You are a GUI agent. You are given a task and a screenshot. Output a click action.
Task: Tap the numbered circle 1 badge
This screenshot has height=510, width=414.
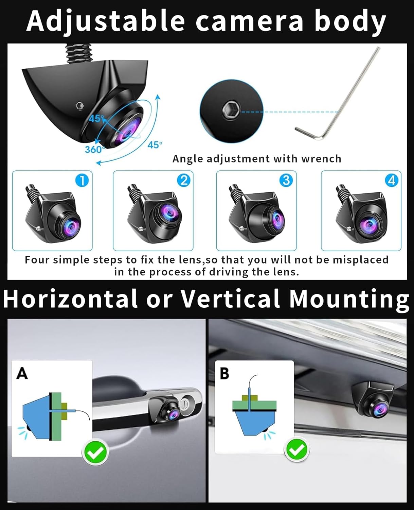(82, 180)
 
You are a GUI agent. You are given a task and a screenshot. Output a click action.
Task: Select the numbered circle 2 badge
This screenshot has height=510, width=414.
(184, 180)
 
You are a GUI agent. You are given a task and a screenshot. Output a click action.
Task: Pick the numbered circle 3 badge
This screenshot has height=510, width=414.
(286, 180)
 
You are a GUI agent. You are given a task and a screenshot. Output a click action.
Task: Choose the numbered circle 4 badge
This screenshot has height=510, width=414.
(392, 180)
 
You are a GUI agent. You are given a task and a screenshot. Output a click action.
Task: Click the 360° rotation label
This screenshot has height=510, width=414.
(93, 149)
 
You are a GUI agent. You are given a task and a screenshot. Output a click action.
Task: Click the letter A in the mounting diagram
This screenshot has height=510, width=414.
(22, 373)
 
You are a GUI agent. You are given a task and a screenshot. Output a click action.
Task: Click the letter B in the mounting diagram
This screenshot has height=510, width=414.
(224, 373)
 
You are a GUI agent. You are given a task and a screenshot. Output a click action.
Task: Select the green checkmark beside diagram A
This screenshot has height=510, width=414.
(95, 452)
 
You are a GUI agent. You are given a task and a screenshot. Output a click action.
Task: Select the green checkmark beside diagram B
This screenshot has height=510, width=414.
(297, 449)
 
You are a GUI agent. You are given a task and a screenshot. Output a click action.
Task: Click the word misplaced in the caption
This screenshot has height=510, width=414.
(360, 260)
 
